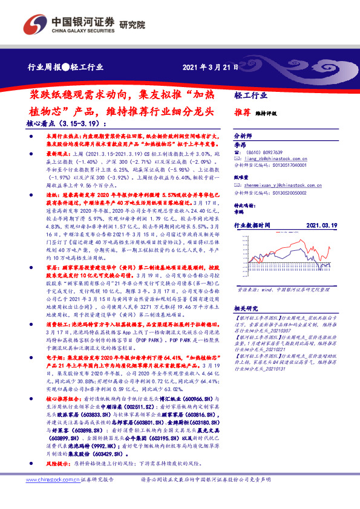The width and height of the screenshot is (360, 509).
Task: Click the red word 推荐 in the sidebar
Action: click(x=242, y=112)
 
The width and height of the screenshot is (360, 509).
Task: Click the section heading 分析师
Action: click(x=242, y=137)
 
